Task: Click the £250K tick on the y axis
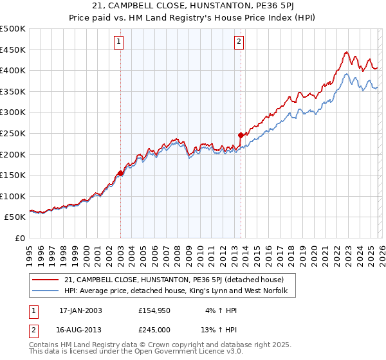tap(13, 133)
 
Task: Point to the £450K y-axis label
tap(13, 50)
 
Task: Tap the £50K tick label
tap(15, 217)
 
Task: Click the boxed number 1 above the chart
tap(120, 42)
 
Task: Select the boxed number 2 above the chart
tap(239, 42)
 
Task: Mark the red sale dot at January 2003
tap(120, 173)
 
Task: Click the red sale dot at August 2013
tap(241, 135)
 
